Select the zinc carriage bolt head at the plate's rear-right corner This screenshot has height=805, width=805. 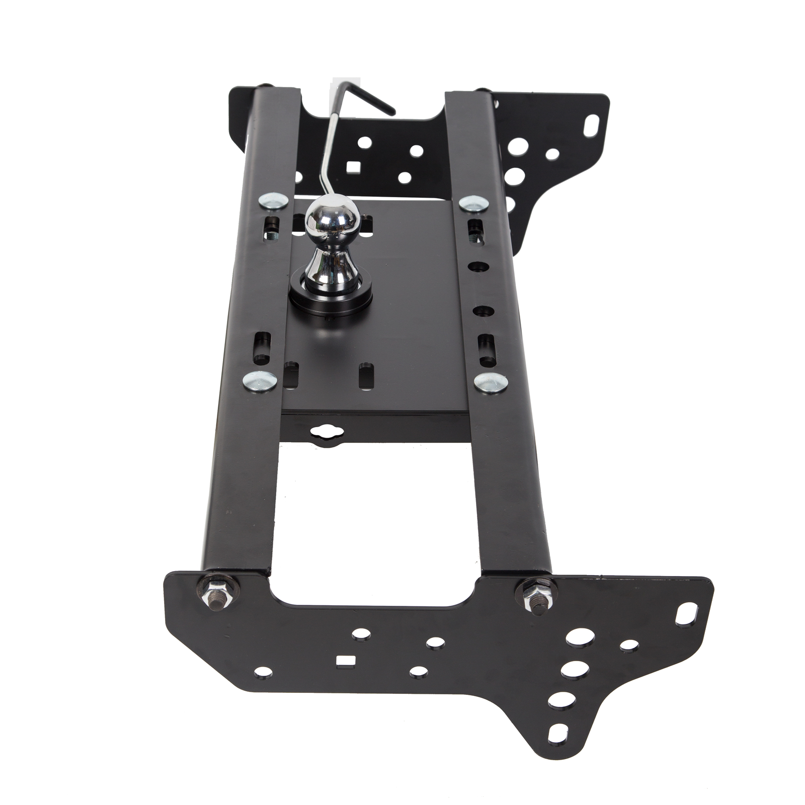(x=473, y=203)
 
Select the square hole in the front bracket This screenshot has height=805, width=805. (x=344, y=660)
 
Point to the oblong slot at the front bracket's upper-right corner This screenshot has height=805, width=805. (x=685, y=615)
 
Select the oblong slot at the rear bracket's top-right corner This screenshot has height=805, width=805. (x=593, y=122)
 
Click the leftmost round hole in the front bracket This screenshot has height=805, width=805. (x=263, y=672)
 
